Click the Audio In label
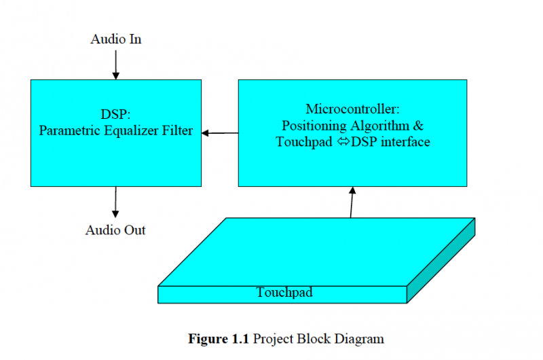[x=115, y=39]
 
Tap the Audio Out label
[x=115, y=230]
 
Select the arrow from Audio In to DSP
[x=115, y=65]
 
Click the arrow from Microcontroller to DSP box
[x=219, y=132]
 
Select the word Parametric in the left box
[x=67, y=131]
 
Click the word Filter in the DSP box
[x=177, y=131]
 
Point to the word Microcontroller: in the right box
[x=352, y=109]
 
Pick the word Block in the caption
[x=313, y=339]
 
